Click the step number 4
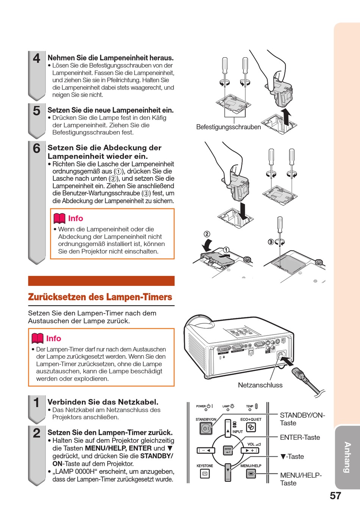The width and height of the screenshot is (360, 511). click(36, 58)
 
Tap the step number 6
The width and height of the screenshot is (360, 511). click(36, 148)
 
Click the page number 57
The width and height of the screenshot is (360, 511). click(335, 496)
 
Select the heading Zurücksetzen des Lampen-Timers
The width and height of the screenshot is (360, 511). click(100, 297)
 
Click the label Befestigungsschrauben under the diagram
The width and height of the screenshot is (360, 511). click(229, 127)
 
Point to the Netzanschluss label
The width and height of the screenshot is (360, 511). click(260, 385)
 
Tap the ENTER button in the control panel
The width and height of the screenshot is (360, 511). click(228, 450)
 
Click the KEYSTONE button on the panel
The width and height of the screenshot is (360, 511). click(205, 473)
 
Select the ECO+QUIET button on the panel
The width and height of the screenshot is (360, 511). click(251, 427)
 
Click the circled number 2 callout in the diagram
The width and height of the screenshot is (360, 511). click(207, 234)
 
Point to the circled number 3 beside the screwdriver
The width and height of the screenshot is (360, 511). click(271, 241)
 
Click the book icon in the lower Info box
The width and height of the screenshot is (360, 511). click(38, 338)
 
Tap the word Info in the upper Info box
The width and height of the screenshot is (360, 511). click(75, 218)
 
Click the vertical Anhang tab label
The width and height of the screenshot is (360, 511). click(347, 457)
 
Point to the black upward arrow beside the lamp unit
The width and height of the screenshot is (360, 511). click(287, 116)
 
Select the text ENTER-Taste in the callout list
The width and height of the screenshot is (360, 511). click(300, 437)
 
